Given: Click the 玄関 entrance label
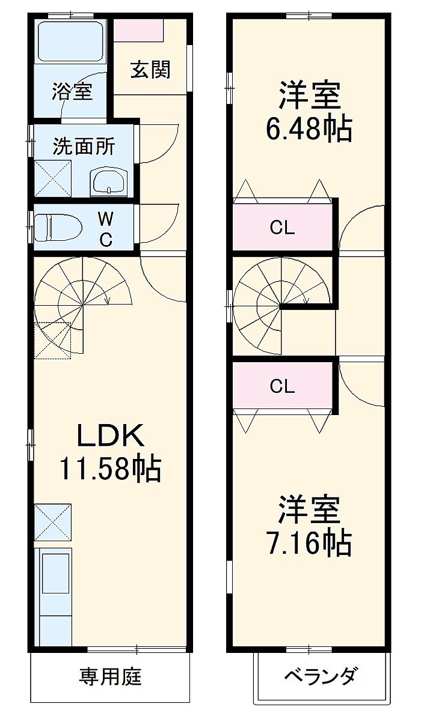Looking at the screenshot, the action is tap(150, 70).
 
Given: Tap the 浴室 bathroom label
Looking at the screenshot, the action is tap(72, 91).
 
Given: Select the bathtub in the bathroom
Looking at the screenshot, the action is tap(71, 40).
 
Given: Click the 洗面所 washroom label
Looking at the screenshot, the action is tap(84, 147).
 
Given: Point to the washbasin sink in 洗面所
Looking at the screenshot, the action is tap(108, 183).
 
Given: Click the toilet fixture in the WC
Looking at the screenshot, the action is tap(58, 228).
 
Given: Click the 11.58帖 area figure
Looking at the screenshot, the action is tap(110, 469).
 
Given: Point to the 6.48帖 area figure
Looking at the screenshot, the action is tap(309, 129).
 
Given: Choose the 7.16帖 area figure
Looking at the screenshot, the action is tap(309, 543).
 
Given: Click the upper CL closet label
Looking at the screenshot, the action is tap(282, 228).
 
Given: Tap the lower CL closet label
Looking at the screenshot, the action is tap(282, 386).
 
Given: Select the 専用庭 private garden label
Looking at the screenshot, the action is tap(110, 676).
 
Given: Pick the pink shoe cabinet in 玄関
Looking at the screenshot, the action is tap(138, 30).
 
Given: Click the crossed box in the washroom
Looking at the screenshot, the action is tap(53, 179).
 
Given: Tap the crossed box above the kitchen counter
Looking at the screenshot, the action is tap(53, 522).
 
